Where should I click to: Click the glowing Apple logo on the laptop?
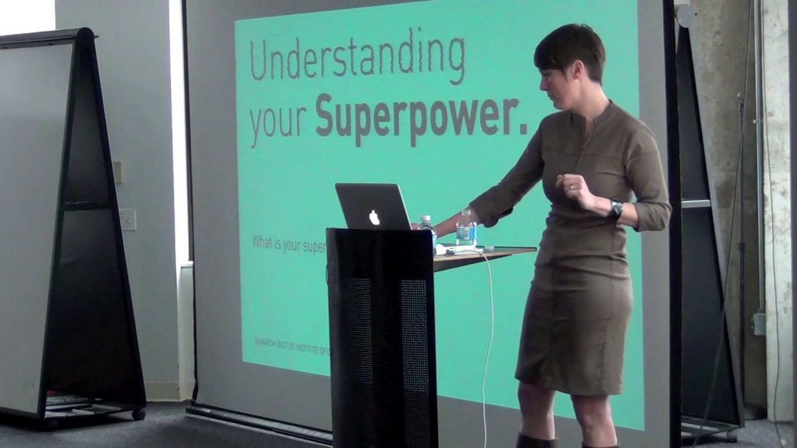tap(374, 217)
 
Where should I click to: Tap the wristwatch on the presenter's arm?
tap(615, 210)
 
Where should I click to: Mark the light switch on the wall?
tap(128, 220)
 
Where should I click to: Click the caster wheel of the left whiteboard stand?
tap(138, 414)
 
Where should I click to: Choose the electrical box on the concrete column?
tap(758, 324)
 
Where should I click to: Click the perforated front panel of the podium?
tap(381, 348)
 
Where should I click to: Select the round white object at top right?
tap(685, 16)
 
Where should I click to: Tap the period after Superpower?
tap(524, 131)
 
